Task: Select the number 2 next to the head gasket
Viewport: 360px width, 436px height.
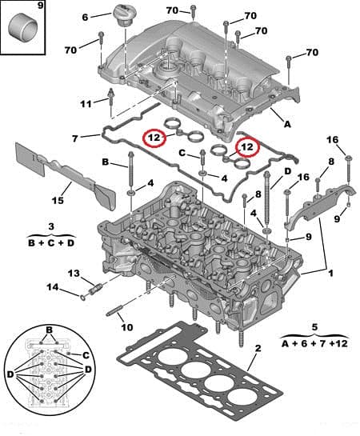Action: (258, 349)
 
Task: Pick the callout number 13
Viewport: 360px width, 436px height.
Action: (74, 274)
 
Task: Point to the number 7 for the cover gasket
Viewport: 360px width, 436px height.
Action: (74, 138)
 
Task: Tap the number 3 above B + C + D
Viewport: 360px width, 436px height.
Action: (50, 226)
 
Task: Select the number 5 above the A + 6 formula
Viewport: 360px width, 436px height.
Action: (314, 326)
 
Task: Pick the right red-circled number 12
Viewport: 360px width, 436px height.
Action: (249, 147)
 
